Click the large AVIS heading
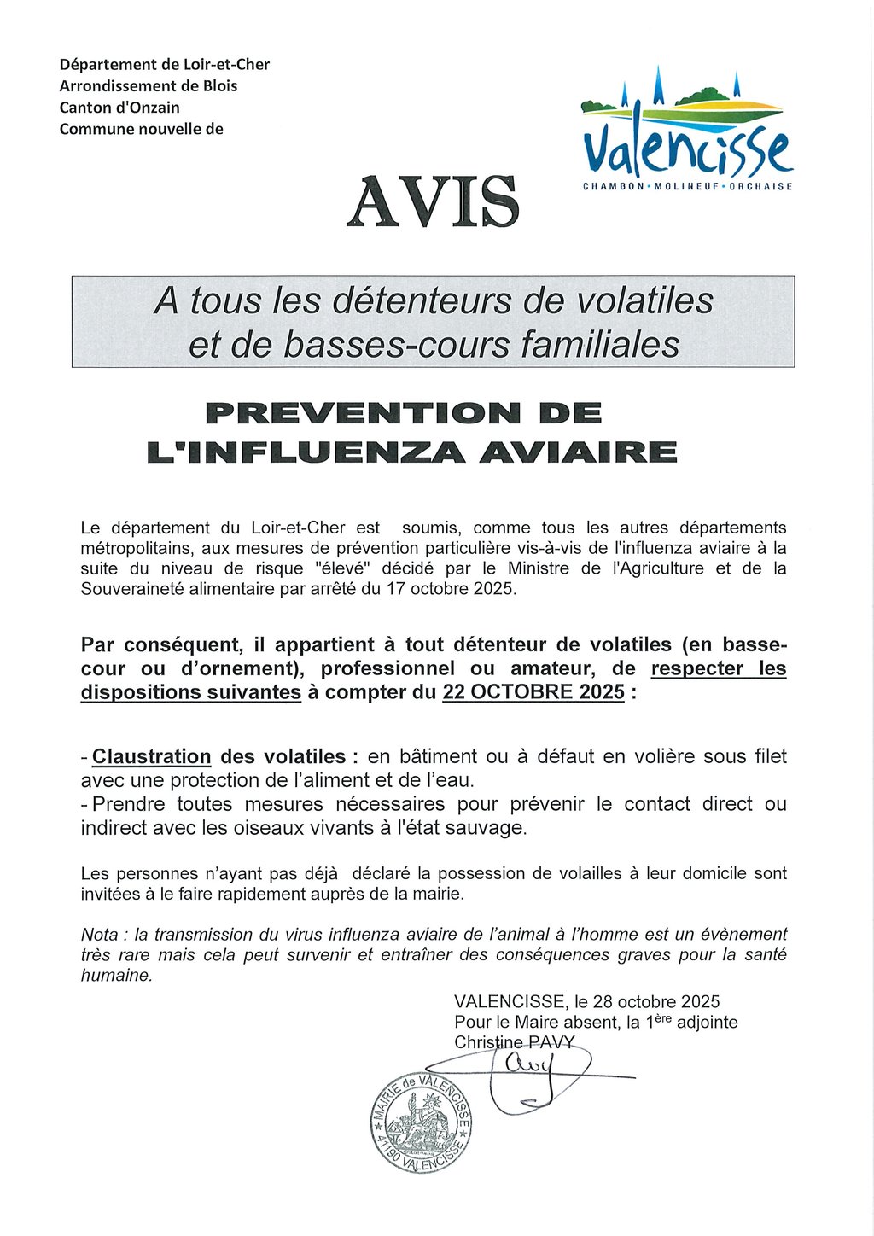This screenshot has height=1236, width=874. pyautogui.click(x=433, y=201)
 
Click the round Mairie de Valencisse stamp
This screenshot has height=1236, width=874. pyautogui.click(x=421, y=1122)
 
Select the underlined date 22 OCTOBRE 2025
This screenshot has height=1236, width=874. pyautogui.click(x=533, y=692)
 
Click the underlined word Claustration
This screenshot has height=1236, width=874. pyautogui.click(x=151, y=756)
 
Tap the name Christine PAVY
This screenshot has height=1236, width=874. pyautogui.click(x=515, y=1042)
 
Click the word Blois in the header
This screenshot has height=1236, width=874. pyautogui.click(x=220, y=86)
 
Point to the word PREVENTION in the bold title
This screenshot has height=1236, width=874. pyautogui.click(x=364, y=413)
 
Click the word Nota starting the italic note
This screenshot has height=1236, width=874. pyautogui.click(x=99, y=935)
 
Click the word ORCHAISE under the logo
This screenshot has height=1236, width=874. pyautogui.click(x=761, y=186)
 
